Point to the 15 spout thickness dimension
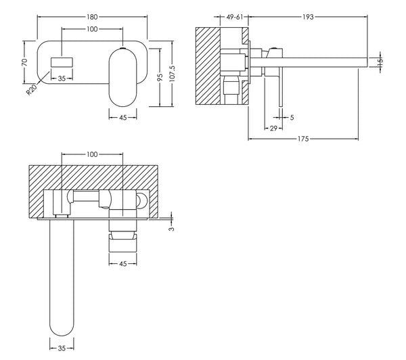click(x=380, y=62)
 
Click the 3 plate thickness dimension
click(x=171, y=229)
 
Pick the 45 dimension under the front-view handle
click(x=122, y=117)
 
